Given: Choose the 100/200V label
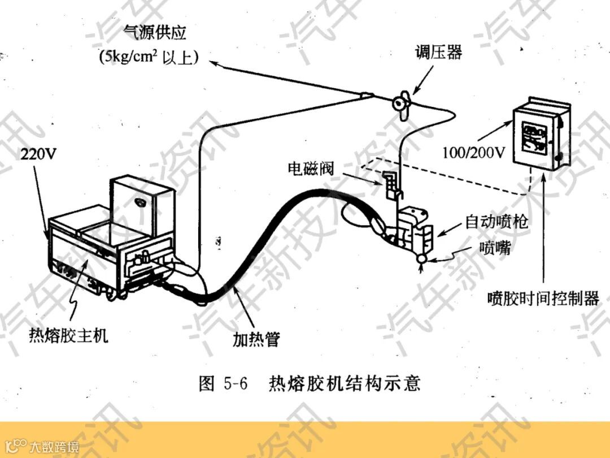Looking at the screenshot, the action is [473, 153].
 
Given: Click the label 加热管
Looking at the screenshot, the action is [256, 339].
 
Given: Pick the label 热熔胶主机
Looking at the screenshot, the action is [68, 336].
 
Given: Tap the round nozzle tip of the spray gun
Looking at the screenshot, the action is [421, 257].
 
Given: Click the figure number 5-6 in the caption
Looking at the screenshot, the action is [236, 384].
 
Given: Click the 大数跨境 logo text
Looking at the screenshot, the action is [55, 447].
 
